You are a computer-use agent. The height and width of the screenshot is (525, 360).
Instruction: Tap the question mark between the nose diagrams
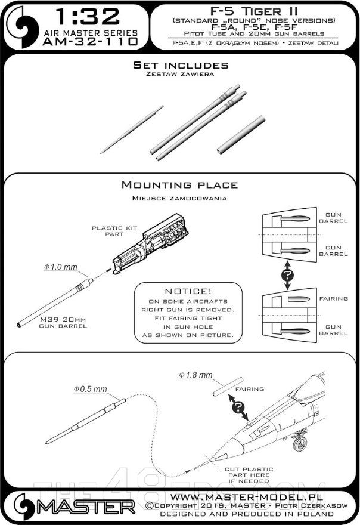pyautogui.click(x=288, y=276)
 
